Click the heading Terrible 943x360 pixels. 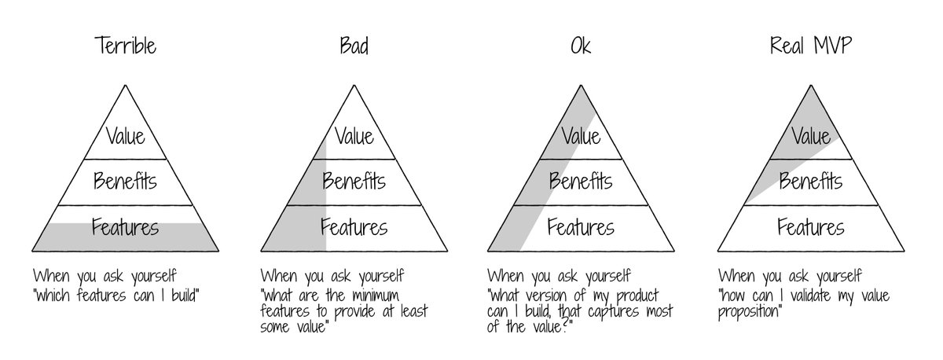[x=125, y=46]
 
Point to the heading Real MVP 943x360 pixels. [x=810, y=46]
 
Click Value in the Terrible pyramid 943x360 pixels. [x=125, y=136]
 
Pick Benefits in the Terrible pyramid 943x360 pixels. [x=125, y=182]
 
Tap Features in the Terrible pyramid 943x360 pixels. [x=125, y=228]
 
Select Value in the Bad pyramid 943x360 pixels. [x=354, y=136]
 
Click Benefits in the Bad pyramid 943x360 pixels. [x=354, y=182]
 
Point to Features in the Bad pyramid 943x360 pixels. [x=354, y=228]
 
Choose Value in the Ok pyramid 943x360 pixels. [x=581, y=136]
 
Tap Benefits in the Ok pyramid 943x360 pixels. [x=581, y=182]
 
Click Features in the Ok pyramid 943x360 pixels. [x=581, y=228]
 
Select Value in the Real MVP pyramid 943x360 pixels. [x=811, y=137]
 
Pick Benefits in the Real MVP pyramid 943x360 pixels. [x=811, y=182]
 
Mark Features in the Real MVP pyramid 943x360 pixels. [x=811, y=228]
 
